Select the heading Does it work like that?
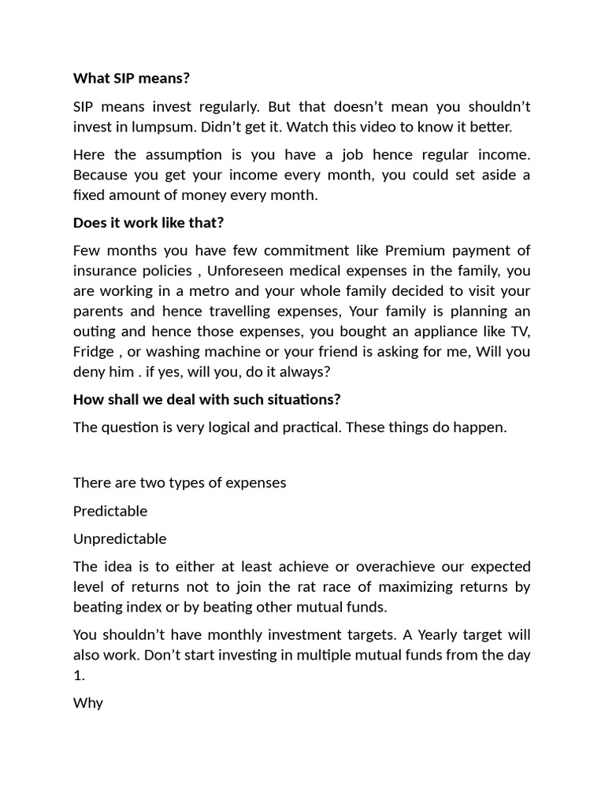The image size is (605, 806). [x=148, y=223]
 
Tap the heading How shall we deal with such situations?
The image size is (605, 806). [x=206, y=399]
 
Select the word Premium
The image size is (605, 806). [x=415, y=251]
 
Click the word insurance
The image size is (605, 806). [x=106, y=272]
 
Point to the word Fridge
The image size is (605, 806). [x=94, y=352]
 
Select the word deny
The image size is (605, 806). [x=89, y=372]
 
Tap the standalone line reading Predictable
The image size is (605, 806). [x=110, y=511]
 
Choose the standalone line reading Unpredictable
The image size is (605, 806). [x=120, y=539]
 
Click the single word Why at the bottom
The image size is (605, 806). [x=88, y=703]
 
